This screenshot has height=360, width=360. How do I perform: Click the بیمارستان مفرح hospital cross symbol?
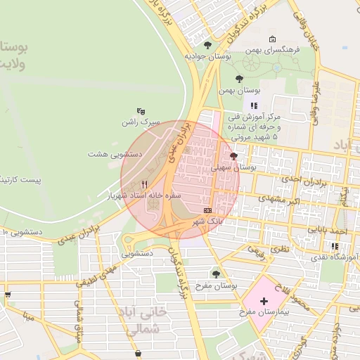click(x=264, y=301)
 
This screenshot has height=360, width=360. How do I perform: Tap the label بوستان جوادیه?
click(x=208, y=56)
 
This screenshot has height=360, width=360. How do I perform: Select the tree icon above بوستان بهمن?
click(x=239, y=79)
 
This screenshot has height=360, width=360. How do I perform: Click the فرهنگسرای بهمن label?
click(x=273, y=51)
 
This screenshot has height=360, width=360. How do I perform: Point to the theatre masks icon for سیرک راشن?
click(x=141, y=110)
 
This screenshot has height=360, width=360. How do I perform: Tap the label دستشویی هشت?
click(x=115, y=153)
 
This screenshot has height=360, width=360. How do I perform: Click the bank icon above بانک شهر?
click(x=207, y=210)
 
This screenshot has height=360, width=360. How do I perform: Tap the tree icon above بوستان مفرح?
click(x=216, y=274)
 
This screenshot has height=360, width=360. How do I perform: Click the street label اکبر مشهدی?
click(x=278, y=200)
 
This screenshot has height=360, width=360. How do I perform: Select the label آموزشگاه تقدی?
click(x=335, y=259)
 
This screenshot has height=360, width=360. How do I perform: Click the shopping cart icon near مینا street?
click(x=8, y=295)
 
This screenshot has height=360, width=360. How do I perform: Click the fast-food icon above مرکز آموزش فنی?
click(x=255, y=105)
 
